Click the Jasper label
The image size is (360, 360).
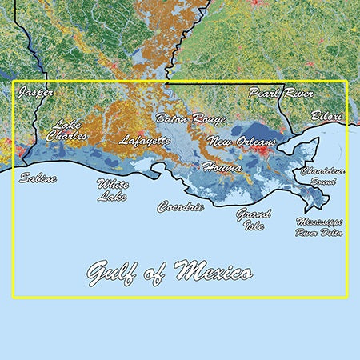click(x=36, y=94)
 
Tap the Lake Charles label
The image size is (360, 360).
click(x=65, y=130)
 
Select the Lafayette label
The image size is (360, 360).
click(x=145, y=141)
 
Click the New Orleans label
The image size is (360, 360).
click(x=241, y=142)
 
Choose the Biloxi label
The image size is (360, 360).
click(x=326, y=116)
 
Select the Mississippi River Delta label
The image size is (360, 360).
click(x=319, y=226)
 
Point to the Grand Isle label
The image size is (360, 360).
click(x=253, y=218)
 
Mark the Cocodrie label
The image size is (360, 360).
click(x=180, y=206)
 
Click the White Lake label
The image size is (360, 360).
click(x=112, y=190)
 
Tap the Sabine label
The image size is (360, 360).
click(x=38, y=178)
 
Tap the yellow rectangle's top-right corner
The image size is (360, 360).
click(x=346, y=81)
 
